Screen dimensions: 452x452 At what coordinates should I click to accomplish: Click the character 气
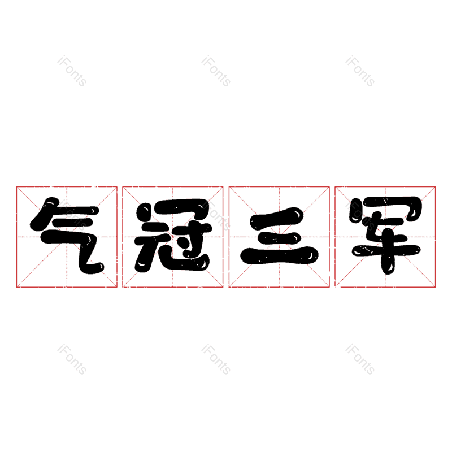point(67,236)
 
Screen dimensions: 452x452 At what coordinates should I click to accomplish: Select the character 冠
point(172,236)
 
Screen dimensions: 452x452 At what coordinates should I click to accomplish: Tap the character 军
point(386,235)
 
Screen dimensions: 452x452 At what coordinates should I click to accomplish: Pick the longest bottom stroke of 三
point(279,255)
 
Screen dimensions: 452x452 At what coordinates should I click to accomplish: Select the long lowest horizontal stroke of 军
point(386,250)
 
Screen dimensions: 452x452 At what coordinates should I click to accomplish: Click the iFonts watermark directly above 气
point(72,71)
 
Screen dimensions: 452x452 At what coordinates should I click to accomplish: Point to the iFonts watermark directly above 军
point(360,71)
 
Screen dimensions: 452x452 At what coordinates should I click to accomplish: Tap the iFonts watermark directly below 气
point(72,359)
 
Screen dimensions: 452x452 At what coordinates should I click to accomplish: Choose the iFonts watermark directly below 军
point(360,359)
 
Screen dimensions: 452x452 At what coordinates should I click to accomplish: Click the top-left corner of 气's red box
point(16,187)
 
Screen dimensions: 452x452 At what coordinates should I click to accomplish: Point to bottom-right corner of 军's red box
point(435,287)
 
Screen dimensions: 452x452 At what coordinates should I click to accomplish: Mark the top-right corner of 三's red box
point(329,187)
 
